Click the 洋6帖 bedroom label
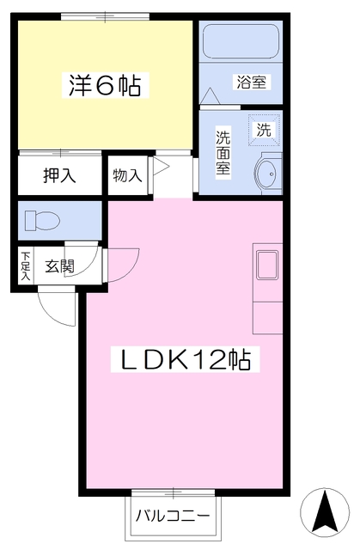[x=105, y=85]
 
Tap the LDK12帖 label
[x=186, y=359]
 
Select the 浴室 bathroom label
[x=252, y=82]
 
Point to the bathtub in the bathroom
[x=241, y=41]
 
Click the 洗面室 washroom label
[x=223, y=153]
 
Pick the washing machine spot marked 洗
[x=264, y=130]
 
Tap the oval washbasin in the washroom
[x=268, y=174]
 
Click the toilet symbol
[x=42, y=221]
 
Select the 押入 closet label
[x=59, y=175]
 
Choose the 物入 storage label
[x=128, y=175]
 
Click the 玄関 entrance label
[x=59, y=266]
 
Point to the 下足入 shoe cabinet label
[x=26, y=266]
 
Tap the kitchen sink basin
[x=267, y=265]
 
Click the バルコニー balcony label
[x=173, y=516]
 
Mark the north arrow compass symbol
[x=325, y=511]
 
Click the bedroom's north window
[x=105, y=16]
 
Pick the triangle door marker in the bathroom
[x=210, y=95]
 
